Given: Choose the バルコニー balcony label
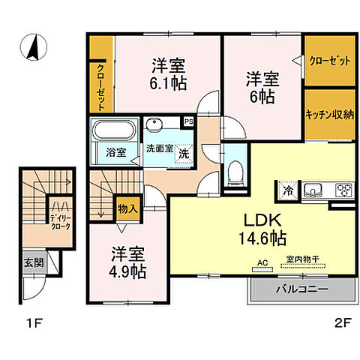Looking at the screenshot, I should pos(301,288).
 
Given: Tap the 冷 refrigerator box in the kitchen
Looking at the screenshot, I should pos(288,190).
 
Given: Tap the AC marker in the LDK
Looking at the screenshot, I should pos(262,262).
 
